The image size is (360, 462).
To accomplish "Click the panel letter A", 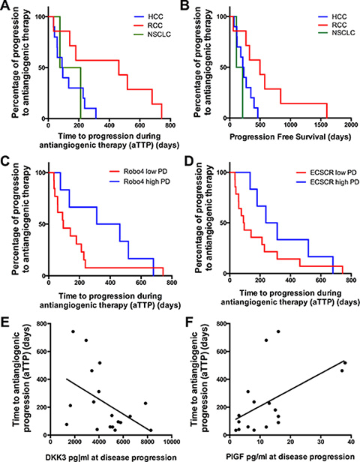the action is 6,5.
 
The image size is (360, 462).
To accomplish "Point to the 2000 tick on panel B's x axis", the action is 350,125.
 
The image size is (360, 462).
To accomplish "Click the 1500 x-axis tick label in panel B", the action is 320,125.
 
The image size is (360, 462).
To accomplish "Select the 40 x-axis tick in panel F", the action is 350,442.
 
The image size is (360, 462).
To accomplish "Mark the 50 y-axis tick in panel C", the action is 43,224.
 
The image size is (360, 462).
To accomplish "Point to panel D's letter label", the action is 188,161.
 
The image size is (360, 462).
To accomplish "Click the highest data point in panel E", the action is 73,331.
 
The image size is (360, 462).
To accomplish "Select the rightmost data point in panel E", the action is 151,430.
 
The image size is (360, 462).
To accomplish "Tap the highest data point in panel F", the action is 278,331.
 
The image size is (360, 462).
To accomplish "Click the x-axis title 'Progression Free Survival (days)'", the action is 290,137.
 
